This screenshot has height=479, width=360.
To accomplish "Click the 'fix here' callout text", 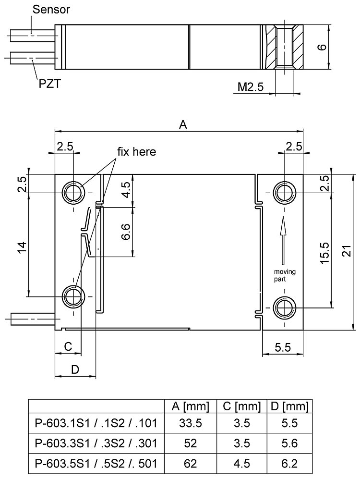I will coord(137,152).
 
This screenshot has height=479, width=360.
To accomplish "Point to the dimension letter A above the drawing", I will coord(182,125).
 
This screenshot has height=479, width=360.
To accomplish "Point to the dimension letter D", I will coord(75,369).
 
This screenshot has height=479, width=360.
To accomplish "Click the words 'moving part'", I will coord(284,275).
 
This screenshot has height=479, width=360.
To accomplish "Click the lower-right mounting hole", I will coord(285,306).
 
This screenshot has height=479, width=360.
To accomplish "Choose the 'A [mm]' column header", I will coord(191,407).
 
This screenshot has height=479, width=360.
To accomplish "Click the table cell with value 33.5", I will coord(191,424).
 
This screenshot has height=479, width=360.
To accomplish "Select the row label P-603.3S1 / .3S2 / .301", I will coord(96,442).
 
